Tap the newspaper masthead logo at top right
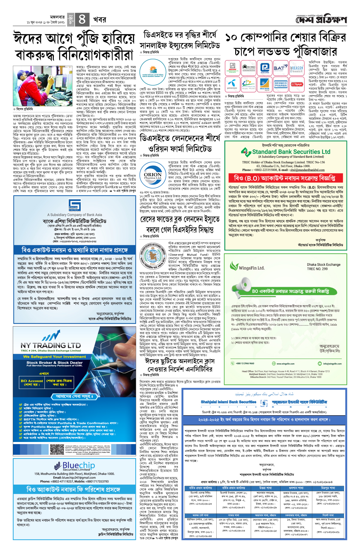321,20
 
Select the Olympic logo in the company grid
297,84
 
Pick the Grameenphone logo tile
232,84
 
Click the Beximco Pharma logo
280,84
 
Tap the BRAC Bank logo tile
265,84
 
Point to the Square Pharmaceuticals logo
232,68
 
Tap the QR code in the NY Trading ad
57,450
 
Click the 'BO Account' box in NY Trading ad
32,382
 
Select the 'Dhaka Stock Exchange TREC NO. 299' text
323,266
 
